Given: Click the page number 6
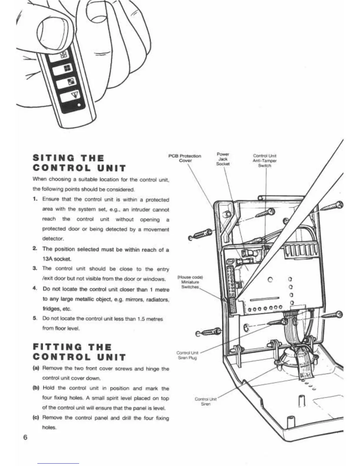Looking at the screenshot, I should [x=25, y=437].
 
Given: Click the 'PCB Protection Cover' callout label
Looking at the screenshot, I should [x=185, y=158].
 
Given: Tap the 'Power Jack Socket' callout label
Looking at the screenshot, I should [x=223, y=159].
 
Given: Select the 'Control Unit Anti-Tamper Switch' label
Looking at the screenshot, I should [x=265, y=161].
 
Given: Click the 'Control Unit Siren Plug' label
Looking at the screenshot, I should [x=187, y=355].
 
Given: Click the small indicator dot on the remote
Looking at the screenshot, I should [x=79, y=106].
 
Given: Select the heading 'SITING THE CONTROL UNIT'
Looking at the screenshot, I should [x=79, y=163].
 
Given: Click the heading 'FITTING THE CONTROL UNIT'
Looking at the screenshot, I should [x=79, y=352].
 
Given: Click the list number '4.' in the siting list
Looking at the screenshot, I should [x=35, y=289].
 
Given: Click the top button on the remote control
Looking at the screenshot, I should [x=59, y=55].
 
